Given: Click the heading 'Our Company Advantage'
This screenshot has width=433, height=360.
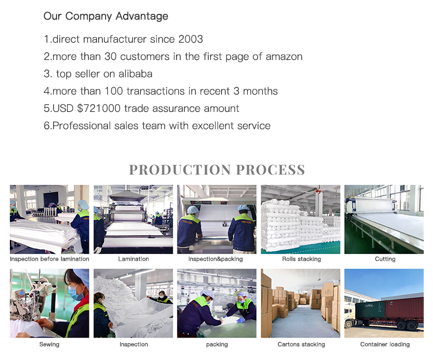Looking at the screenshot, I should (x=106, y=16).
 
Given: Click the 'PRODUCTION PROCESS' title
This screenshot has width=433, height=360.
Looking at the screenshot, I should (x=216, y=170).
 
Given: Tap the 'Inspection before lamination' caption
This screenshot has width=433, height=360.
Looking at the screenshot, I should (x=50, y=259).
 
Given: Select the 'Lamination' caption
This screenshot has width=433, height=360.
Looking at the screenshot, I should (x=133, y=259).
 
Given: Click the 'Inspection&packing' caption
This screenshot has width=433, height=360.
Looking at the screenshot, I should (x=217, y=259).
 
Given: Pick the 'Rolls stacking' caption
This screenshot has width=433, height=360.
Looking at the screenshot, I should (x=301, y=259).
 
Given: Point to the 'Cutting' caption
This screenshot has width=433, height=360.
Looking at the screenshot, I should (x=385, y=259).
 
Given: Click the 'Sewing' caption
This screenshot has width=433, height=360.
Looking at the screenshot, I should (x=50, y=344).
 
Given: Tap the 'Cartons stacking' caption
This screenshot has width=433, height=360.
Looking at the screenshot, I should (x=301, y=344).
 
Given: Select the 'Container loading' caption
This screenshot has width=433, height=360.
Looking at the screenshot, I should (x=385, y=344).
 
